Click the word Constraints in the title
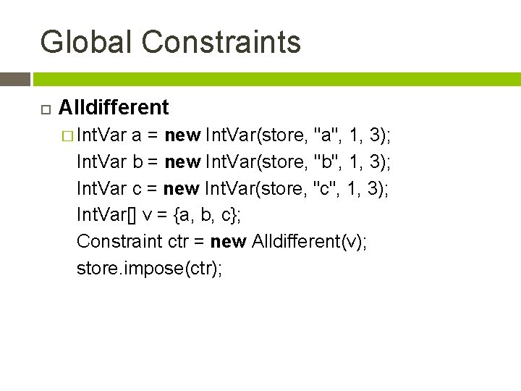(x=221, y=42)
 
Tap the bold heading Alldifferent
(x=114, y=108)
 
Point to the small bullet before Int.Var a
(x=67, y=135)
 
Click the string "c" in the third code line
(x=326, y=188)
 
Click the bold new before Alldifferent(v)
(x=228, y=241)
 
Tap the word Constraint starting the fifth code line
(x=119, y=241)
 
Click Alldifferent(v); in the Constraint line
(x=310, y=241)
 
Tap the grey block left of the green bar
(x=14, y=79)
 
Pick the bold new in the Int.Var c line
(x=181, y=188)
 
